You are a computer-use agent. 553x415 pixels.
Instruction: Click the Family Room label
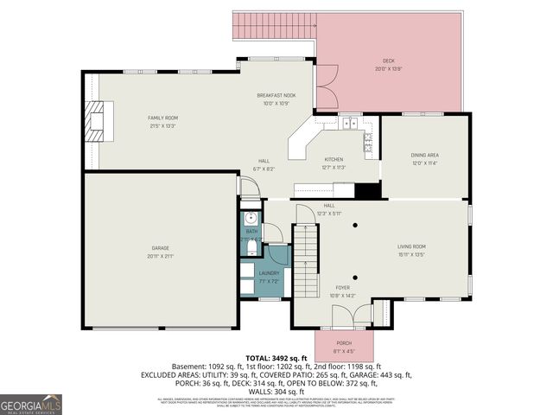coord(162,118)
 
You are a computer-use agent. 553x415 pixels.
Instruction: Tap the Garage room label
coord(161,248)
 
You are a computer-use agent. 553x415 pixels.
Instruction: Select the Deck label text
coord(389,61)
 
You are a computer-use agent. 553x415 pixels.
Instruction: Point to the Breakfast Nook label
coord(276,95)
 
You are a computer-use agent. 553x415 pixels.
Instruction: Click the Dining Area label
coord(424,155)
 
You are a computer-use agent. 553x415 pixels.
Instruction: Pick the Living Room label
coord(411,246)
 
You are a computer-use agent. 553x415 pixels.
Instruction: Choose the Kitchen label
coord(334,160)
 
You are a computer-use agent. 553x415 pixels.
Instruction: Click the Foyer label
coord(343,288)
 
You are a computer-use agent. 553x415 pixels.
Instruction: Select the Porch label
coord(344,344)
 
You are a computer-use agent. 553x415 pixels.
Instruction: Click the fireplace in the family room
coord(101,119)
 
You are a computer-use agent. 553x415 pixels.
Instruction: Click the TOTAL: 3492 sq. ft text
coord(277,357)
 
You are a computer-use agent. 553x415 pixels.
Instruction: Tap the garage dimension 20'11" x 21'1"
coord(161,257)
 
